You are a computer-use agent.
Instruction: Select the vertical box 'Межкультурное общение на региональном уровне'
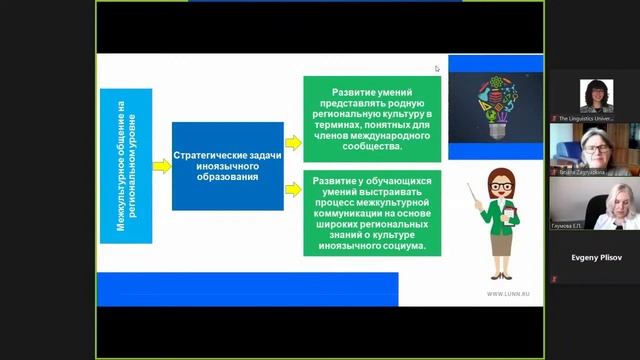(127, 165)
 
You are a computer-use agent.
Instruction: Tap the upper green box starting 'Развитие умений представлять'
(372, 119)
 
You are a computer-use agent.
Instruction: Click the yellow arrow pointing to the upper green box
(293, 142)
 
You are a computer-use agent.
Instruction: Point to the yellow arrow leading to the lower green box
(293, 187)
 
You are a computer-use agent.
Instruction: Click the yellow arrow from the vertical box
(162, 165)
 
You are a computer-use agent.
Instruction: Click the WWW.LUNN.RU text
(509, 294)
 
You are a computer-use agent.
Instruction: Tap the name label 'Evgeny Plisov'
(594, 256)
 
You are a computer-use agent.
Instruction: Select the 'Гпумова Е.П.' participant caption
(567, 226)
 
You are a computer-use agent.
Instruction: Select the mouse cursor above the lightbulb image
(437, 68)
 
